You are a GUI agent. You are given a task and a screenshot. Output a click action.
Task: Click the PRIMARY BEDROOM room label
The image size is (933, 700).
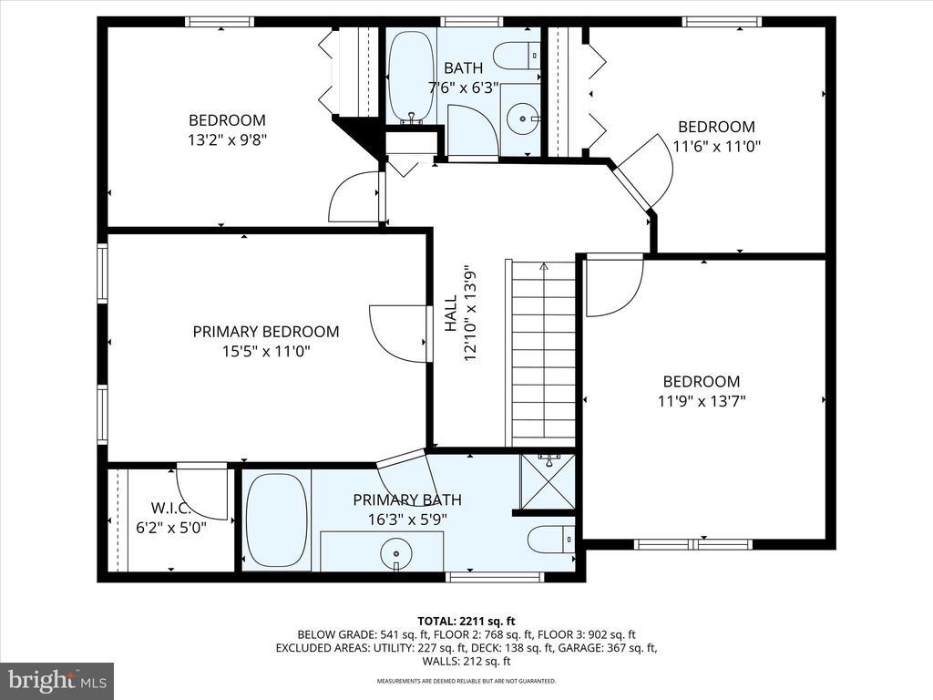click(x=266, y=332)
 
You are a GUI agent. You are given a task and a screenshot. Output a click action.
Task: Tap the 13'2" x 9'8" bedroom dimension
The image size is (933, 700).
click(x=227, y=139)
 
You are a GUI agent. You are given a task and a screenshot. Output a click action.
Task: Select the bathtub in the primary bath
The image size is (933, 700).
click(x=276, y=520)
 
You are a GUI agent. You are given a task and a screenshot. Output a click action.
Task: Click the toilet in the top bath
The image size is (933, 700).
click(x=518, y=56)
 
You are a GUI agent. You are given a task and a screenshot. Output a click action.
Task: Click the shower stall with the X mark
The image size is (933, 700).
click(x=548, y=481)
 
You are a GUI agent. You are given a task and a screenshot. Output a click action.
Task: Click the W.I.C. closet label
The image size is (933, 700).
click(x=170, y=509)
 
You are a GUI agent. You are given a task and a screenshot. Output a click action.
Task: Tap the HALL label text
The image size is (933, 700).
click(x=451, y=314)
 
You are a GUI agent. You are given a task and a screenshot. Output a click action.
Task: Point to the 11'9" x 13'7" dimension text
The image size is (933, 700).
click(x=702, y=401)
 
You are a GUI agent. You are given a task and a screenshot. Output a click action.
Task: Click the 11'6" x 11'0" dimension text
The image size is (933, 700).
click(x=716, y=146)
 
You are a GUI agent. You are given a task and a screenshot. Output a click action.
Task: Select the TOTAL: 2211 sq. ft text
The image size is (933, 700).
click(x=466, y=622)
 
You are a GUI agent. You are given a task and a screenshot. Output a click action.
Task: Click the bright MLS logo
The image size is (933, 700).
click(x=57, y=679)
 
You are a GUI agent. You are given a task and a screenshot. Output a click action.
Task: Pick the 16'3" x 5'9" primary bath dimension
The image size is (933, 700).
click(x=407, y=520)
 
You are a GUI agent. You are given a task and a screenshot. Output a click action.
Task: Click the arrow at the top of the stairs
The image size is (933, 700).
click(x=543, y=266)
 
